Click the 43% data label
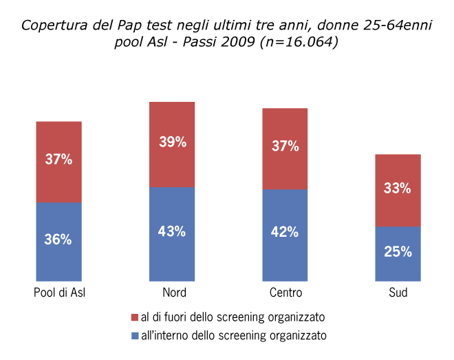(172, 231)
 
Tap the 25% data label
(398, 252)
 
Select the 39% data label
(172, 142)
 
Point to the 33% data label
(398, 188)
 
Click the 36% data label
(59, 240)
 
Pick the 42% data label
(285, 232)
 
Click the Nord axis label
(172, 293)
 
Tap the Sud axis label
(398, 293)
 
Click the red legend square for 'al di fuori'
(134, 317)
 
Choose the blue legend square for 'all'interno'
(134, 336)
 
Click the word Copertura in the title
(50, 26)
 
